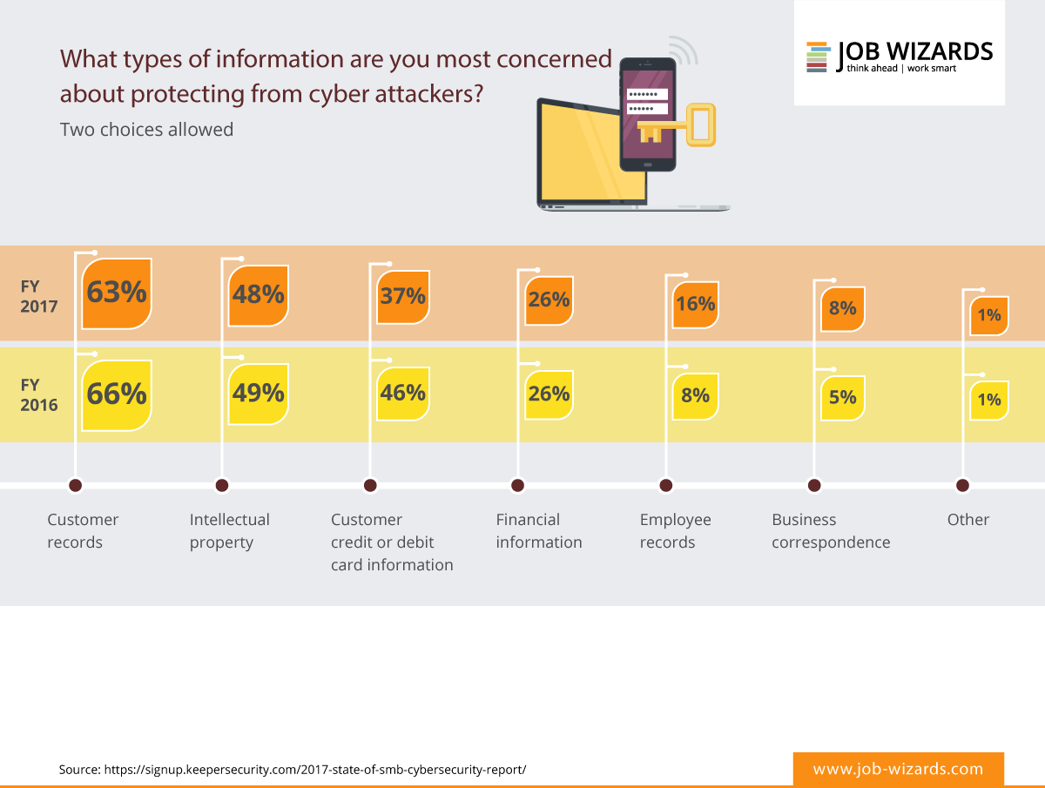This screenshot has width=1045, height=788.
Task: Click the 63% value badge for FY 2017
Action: (117, 293)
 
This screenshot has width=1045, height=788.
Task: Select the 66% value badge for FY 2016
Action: (117, 394)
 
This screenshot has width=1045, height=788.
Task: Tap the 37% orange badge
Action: (402, 296)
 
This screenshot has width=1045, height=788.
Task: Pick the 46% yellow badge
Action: (402, 393)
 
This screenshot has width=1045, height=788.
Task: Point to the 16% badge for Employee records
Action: (695, 304)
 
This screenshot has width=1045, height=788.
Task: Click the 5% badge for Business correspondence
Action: (842, 398)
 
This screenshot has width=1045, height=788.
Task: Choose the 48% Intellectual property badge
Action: (259, 295)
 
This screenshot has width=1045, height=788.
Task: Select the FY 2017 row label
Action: (40, 295)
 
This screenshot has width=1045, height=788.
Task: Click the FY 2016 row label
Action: (40, 394)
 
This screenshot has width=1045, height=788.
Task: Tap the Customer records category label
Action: (83, 530)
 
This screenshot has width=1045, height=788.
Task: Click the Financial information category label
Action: (539, 530)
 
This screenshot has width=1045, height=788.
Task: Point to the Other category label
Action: (968, 520)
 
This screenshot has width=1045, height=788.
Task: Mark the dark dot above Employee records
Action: (666, 485)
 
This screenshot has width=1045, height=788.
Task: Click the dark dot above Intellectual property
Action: (222, 485)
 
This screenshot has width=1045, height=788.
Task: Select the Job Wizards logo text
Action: (914, 52)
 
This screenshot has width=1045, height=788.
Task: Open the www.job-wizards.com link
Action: (898, 769)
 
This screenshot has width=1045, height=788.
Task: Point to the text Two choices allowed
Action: (146, 130)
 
